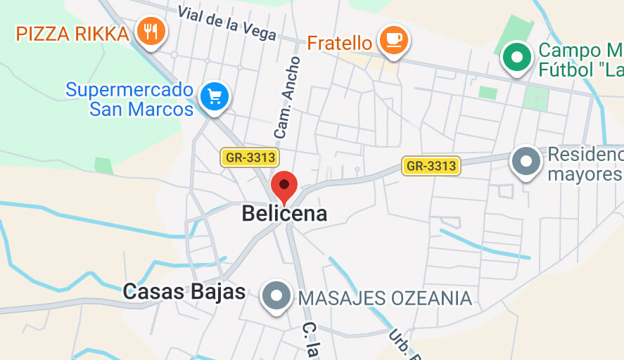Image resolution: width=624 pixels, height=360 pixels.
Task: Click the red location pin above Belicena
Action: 284,186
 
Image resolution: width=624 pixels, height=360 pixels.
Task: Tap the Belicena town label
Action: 284,213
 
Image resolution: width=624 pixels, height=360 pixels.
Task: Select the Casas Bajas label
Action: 184,292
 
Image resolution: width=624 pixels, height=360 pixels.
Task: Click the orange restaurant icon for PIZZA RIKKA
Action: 151,31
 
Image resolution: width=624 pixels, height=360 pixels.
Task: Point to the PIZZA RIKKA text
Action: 73,34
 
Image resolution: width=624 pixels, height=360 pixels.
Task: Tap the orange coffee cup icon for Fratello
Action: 393,39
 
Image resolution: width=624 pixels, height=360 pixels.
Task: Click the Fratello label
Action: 339,44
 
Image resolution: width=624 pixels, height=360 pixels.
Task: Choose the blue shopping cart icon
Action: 214,96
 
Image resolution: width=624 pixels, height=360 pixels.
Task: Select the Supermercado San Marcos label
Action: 129,100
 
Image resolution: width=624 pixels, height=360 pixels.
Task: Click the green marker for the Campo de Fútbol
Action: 518,57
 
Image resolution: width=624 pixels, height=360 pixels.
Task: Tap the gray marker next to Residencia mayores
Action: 526,161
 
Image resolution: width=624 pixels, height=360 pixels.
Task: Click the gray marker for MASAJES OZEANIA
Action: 276,295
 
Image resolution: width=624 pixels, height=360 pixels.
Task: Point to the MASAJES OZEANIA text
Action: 385,298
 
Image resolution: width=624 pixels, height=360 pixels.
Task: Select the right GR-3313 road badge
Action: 431,166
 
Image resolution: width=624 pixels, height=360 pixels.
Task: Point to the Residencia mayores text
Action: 585,164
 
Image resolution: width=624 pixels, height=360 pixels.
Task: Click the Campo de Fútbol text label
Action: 580,60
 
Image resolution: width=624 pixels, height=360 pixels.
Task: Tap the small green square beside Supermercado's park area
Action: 103,165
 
